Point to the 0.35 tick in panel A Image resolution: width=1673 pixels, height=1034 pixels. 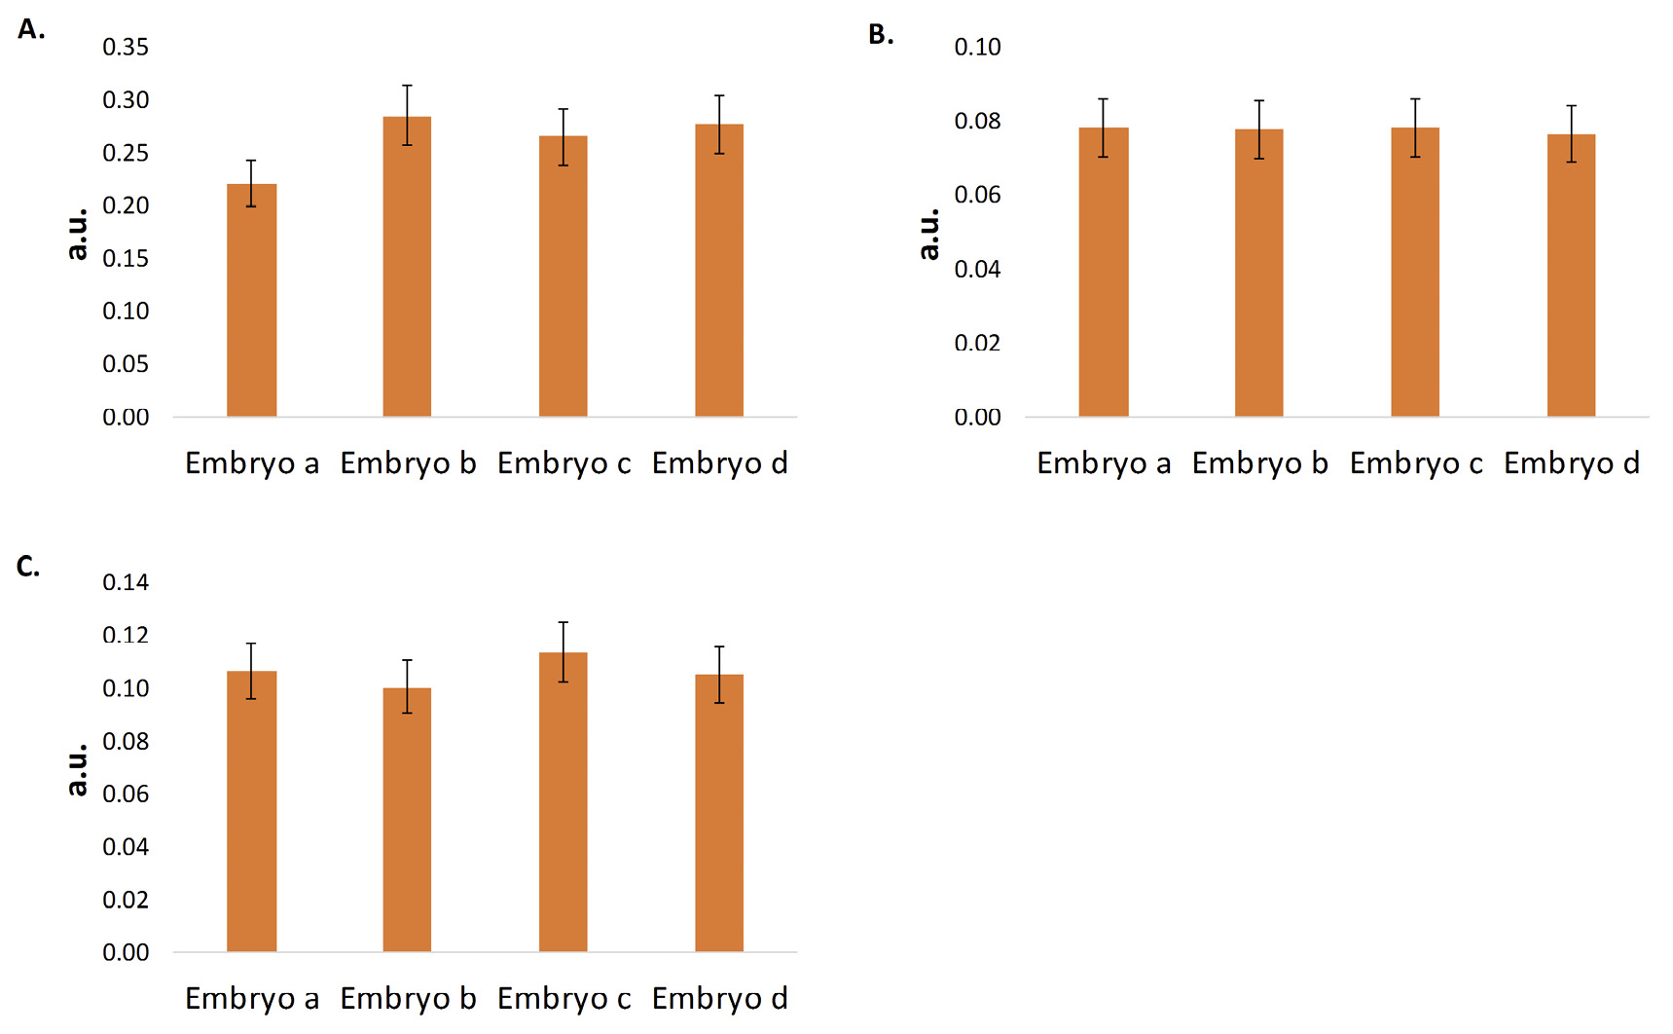click(x=126, y=47)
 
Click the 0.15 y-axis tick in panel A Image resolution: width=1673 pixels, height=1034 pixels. click(x=126, y=258)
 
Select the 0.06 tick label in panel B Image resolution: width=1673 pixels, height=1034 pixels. click(x=977, y=195)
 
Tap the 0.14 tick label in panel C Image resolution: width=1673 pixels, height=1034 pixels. click(x=126, y=582)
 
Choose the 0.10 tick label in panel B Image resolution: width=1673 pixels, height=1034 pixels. click(x=977, y=47)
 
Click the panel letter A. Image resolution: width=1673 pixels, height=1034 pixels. click(x=30, y=30)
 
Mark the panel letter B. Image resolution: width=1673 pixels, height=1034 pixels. click(x=881, y=35)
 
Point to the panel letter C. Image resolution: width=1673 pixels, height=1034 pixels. click(x=28, y=567)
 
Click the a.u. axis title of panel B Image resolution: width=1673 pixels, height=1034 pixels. click(x=929, y=234)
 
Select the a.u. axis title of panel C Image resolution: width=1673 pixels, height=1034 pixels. click(x=78, y=769)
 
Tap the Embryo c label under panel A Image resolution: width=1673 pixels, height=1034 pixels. click(x=564, y=463)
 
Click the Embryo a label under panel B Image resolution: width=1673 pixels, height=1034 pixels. click(x=1104, y=463)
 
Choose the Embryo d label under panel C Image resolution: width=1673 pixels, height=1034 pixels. click(x=719, y=999)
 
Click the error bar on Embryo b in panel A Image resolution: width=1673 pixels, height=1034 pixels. click(x=407, y=115)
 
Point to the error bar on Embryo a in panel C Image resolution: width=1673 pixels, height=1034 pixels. click(x=251, y=671)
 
